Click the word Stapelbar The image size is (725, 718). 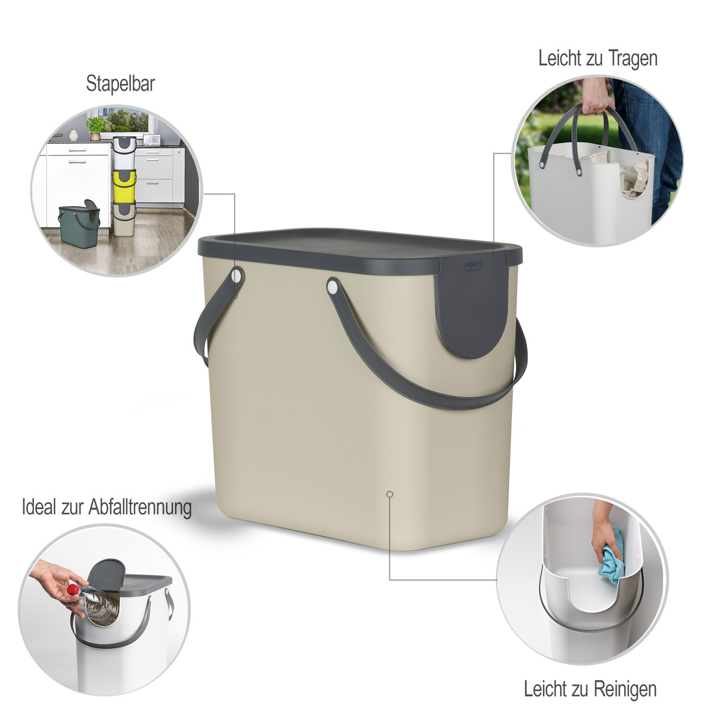[x=121, y=83]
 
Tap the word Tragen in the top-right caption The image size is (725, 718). [x=633, y=59]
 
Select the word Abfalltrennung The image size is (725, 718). [x=140, y=507]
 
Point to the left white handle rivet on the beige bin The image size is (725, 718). [x=237, y=275]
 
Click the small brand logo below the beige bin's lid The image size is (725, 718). [x=474, y=267]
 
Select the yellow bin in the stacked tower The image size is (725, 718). [x=125, y=185]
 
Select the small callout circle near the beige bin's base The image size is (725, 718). [x=390, y=494]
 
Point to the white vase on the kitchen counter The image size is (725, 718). [x=74, y=135]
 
